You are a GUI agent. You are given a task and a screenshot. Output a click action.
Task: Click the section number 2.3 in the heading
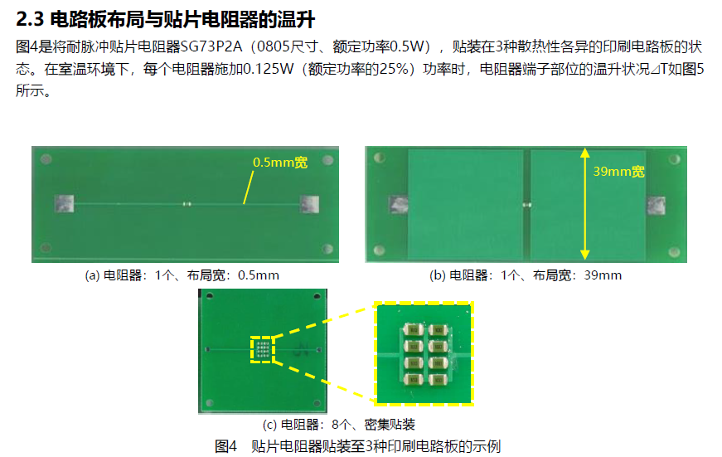[x=30, y=19]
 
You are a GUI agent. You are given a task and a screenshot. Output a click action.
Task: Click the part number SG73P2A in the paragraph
[x=211, y=46]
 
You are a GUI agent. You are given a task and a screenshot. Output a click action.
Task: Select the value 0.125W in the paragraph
[x=268, y=69]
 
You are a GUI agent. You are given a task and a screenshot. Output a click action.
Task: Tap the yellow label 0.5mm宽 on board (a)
[x=280, y=163]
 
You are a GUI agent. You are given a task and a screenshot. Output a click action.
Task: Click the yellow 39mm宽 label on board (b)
[x=618, y=172]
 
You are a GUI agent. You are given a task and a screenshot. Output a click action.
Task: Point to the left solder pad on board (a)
[x=64, y=203]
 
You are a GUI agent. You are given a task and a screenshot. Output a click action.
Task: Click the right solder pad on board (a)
[x=309, y=204]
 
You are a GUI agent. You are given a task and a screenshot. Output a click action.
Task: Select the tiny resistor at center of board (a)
[x=187, y=204]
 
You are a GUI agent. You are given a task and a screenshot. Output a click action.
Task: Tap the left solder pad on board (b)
[x=398, y=205]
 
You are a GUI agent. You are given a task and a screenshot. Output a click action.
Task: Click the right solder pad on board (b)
[x=656, y=206]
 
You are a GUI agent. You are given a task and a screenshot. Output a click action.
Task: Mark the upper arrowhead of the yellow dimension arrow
[x=584, y=153]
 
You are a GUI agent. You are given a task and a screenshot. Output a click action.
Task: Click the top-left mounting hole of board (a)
[x=46, y=159]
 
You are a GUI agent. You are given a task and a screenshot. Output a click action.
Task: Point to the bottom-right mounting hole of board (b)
[x=674, y=251]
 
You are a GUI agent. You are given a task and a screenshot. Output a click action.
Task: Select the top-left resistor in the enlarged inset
[x=414, y=330]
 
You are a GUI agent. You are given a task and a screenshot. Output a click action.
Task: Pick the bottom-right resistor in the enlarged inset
[x=439, y=380]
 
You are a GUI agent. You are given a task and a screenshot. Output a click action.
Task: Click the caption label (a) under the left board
[x=92, y=275]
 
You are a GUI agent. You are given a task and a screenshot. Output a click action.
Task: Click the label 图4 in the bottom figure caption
[x=225, y=446]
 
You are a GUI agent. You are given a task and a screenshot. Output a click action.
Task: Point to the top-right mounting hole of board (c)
[x=317, y=296]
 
